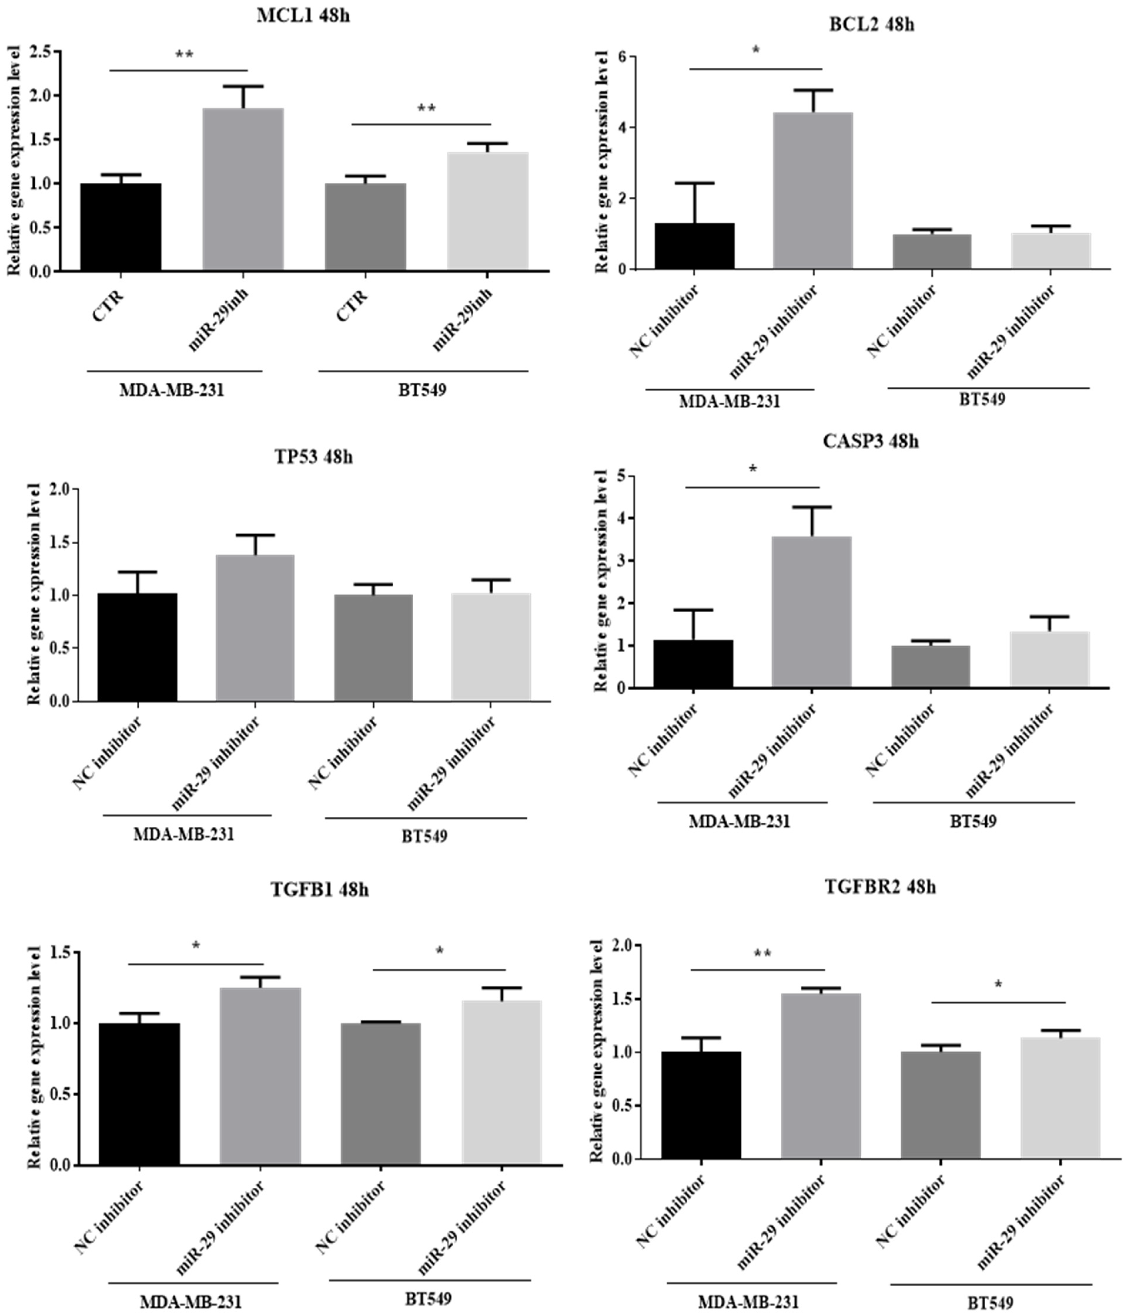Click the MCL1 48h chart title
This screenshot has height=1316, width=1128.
(x=303, y=16)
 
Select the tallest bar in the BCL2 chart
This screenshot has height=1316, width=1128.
(x=813, y=190)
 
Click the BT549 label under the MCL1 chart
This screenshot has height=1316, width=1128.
(x=423, y=389)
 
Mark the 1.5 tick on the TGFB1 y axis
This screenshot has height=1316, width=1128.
(x=62, y=952)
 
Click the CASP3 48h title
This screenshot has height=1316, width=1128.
(x=871, y=441)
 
